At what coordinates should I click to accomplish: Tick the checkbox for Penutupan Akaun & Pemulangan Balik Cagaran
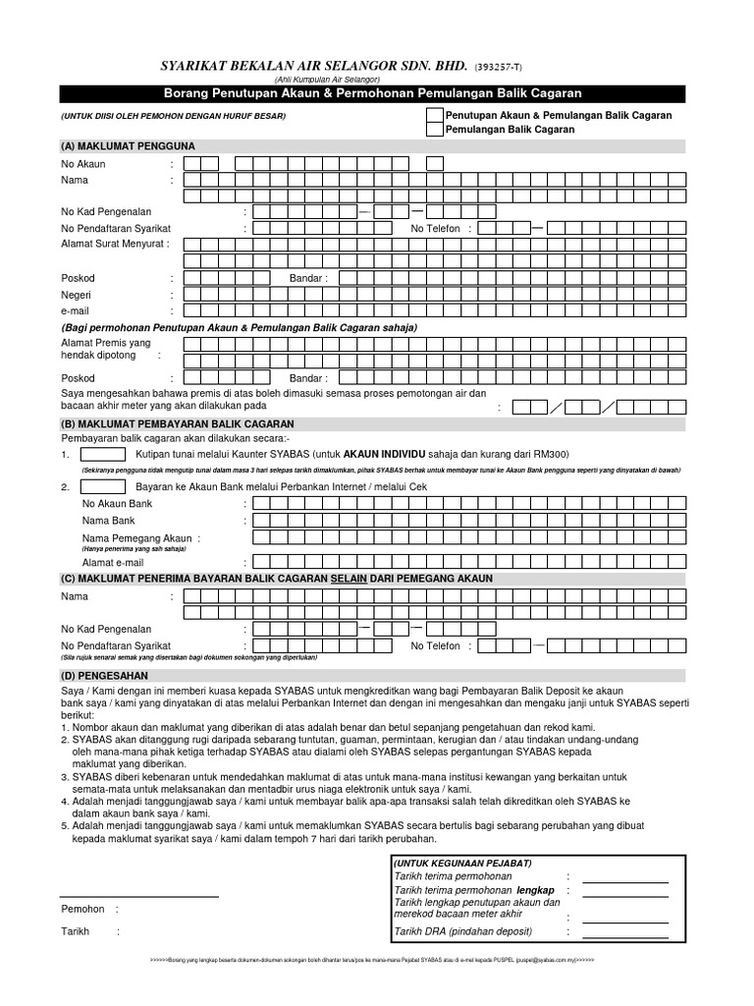tap(434, 115)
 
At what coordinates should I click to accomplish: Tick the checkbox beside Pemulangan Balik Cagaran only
tap(434, 130)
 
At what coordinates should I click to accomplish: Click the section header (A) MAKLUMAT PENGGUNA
tap(128, 146)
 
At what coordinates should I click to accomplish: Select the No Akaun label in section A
tap(83, 164)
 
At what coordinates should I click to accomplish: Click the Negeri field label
tap(77, 295)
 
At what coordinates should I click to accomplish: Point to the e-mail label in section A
tap(76, 310)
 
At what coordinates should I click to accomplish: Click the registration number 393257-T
tap(499, 67)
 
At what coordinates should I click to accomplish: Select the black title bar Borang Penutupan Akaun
tap(371, 93)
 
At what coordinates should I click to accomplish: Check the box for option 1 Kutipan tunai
tap(103, 455)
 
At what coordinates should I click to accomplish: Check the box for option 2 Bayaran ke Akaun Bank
tap(103, 486)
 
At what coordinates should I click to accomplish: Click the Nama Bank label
tap(108, 521)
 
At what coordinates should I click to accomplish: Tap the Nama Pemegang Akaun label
tap(136, 538)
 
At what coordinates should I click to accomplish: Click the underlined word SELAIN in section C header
tap(349, 579)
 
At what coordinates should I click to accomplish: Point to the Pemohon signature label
tap(82, 910)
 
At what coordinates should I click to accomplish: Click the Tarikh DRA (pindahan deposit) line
tap(462, 931)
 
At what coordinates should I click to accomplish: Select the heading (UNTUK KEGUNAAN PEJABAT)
tap(462, 863)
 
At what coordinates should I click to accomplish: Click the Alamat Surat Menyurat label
tap(115, 243)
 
